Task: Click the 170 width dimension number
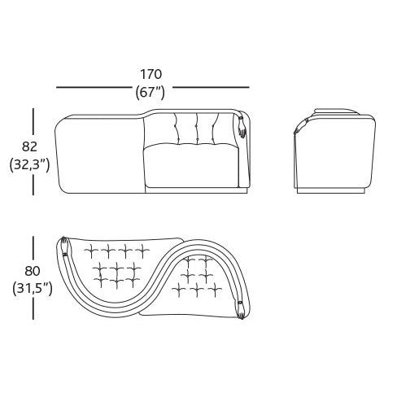coord(151,74)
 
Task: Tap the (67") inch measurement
coord(151,93)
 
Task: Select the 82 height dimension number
coord(29,146)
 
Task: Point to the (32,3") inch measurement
coord(29,165)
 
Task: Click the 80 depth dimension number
coord(33,271)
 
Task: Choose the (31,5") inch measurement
coord(33,289)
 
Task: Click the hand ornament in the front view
coord(242,127)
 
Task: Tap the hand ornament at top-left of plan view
coord(64,246)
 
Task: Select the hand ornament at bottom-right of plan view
coord(241,310)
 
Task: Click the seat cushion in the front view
coord(191,165)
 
